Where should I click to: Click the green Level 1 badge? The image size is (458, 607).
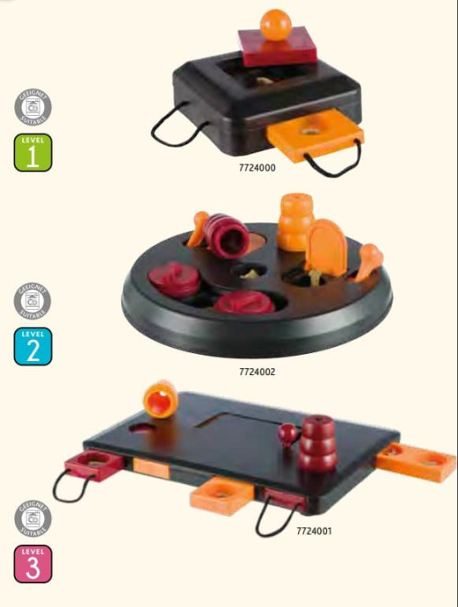point(34,152)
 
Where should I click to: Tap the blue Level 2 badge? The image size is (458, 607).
point(34,346)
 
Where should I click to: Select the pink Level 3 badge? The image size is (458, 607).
point(33,563)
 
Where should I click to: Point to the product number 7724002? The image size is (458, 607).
point(257,372)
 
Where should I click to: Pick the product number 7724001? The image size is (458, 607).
point(314,531)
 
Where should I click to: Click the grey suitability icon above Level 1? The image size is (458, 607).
point(34,108)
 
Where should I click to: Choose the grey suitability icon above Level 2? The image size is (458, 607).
point(34,303)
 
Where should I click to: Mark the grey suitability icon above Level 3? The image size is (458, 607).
point(33,519)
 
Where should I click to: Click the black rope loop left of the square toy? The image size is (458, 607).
point(167,130)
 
